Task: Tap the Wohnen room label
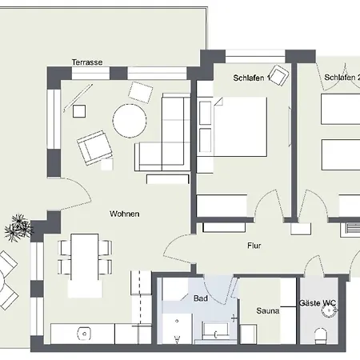click(x=125, y=214)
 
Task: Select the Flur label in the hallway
click(x=254, y=246)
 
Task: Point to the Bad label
click(x=200, y=298)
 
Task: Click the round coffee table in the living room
click(x=129, y=122)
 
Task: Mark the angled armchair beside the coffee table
click(x=94, y=148)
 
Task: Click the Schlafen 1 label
click(x=250, y=78)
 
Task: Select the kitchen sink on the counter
click(x=82, y=332)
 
